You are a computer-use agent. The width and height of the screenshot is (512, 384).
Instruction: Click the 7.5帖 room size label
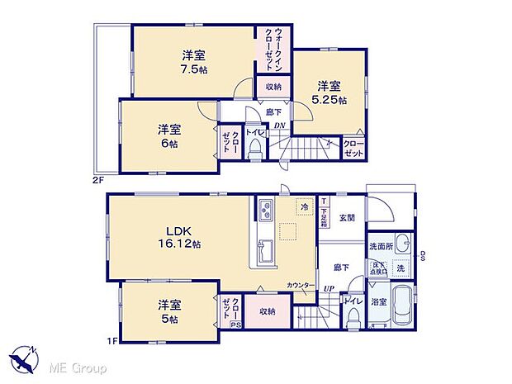click(x=195, y=70)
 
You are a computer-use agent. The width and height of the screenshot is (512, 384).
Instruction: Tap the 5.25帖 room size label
click(x=329, y=99)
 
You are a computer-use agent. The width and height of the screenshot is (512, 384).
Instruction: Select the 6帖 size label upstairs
click(x=168, y=143)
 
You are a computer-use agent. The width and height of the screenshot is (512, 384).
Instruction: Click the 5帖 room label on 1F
click(x=168, y=317)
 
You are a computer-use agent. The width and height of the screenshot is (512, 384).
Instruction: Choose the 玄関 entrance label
click(x=347, y=218)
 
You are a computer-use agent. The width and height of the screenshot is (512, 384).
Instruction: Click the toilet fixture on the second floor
click(x=255, y=147)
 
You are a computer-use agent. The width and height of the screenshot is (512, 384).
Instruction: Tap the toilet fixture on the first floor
click(x=353, y=314)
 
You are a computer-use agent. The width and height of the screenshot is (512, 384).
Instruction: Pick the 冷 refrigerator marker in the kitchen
click(x=305, y=208)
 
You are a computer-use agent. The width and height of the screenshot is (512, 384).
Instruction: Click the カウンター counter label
click(x=300, y=286)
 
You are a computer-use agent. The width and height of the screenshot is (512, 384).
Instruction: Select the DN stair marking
click(x=280, y=126)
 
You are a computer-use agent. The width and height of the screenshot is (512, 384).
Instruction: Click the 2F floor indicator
click(x=98, y=178)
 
